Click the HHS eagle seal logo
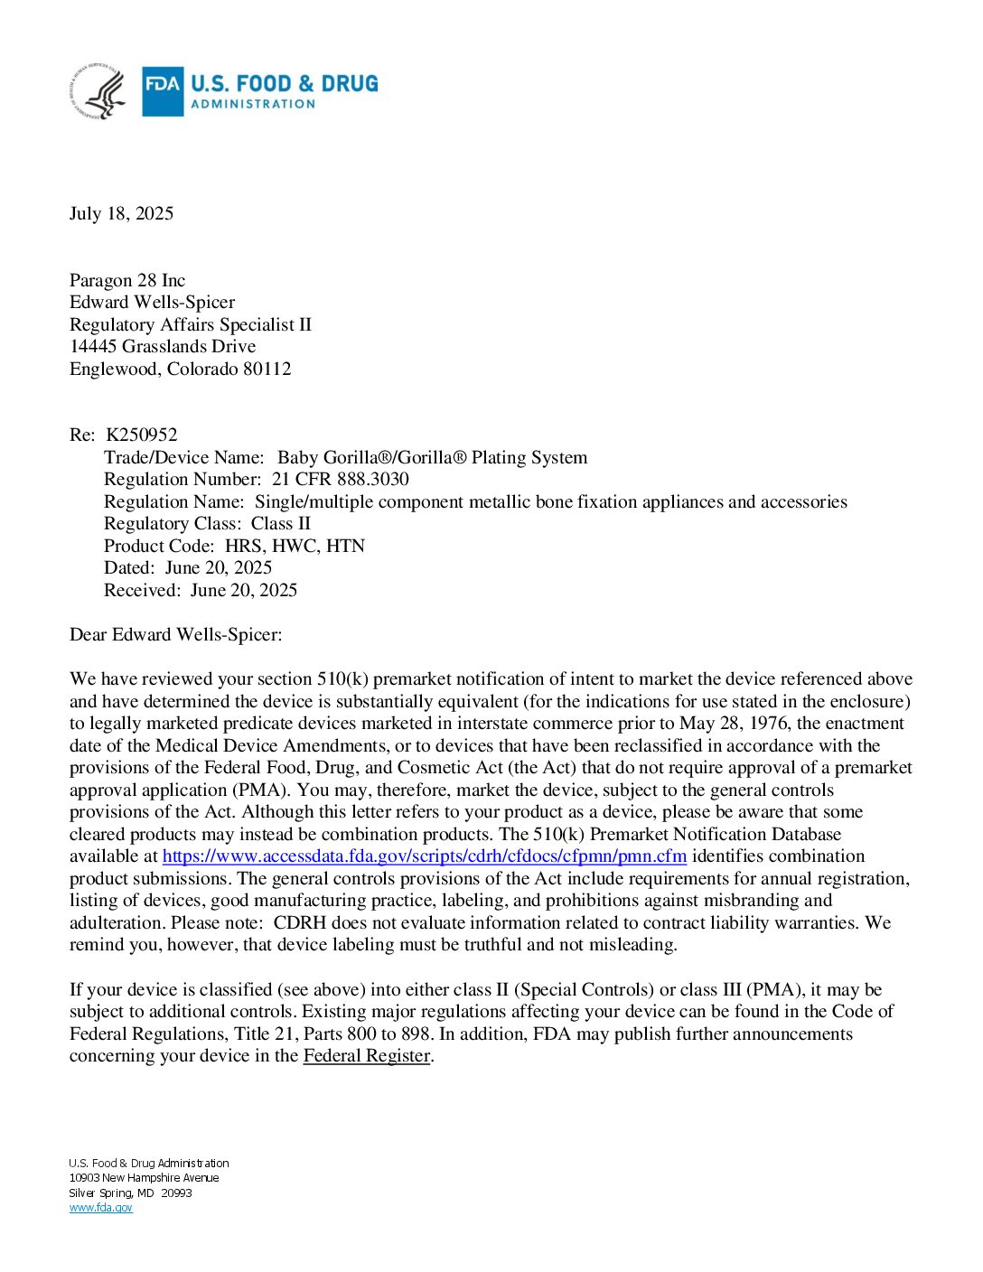click(98, 91)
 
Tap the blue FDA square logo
click(163, 91)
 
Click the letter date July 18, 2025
click(121, 214)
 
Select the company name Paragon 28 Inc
click(127, 281)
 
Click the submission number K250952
click(142, 435)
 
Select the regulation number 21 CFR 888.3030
click(340, 480)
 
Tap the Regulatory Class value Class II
click(280, 524)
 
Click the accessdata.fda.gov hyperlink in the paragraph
click(424, 856)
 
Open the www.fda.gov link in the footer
click(100, 1208)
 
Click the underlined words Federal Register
click(366, 1056)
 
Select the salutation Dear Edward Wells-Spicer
click(175, 635)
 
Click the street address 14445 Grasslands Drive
click(163, 347)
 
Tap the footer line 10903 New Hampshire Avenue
click(144, 1178)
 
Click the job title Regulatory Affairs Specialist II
click(190, 325)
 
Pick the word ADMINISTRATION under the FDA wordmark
click(253, 105)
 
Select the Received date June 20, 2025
click(243, 591)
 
